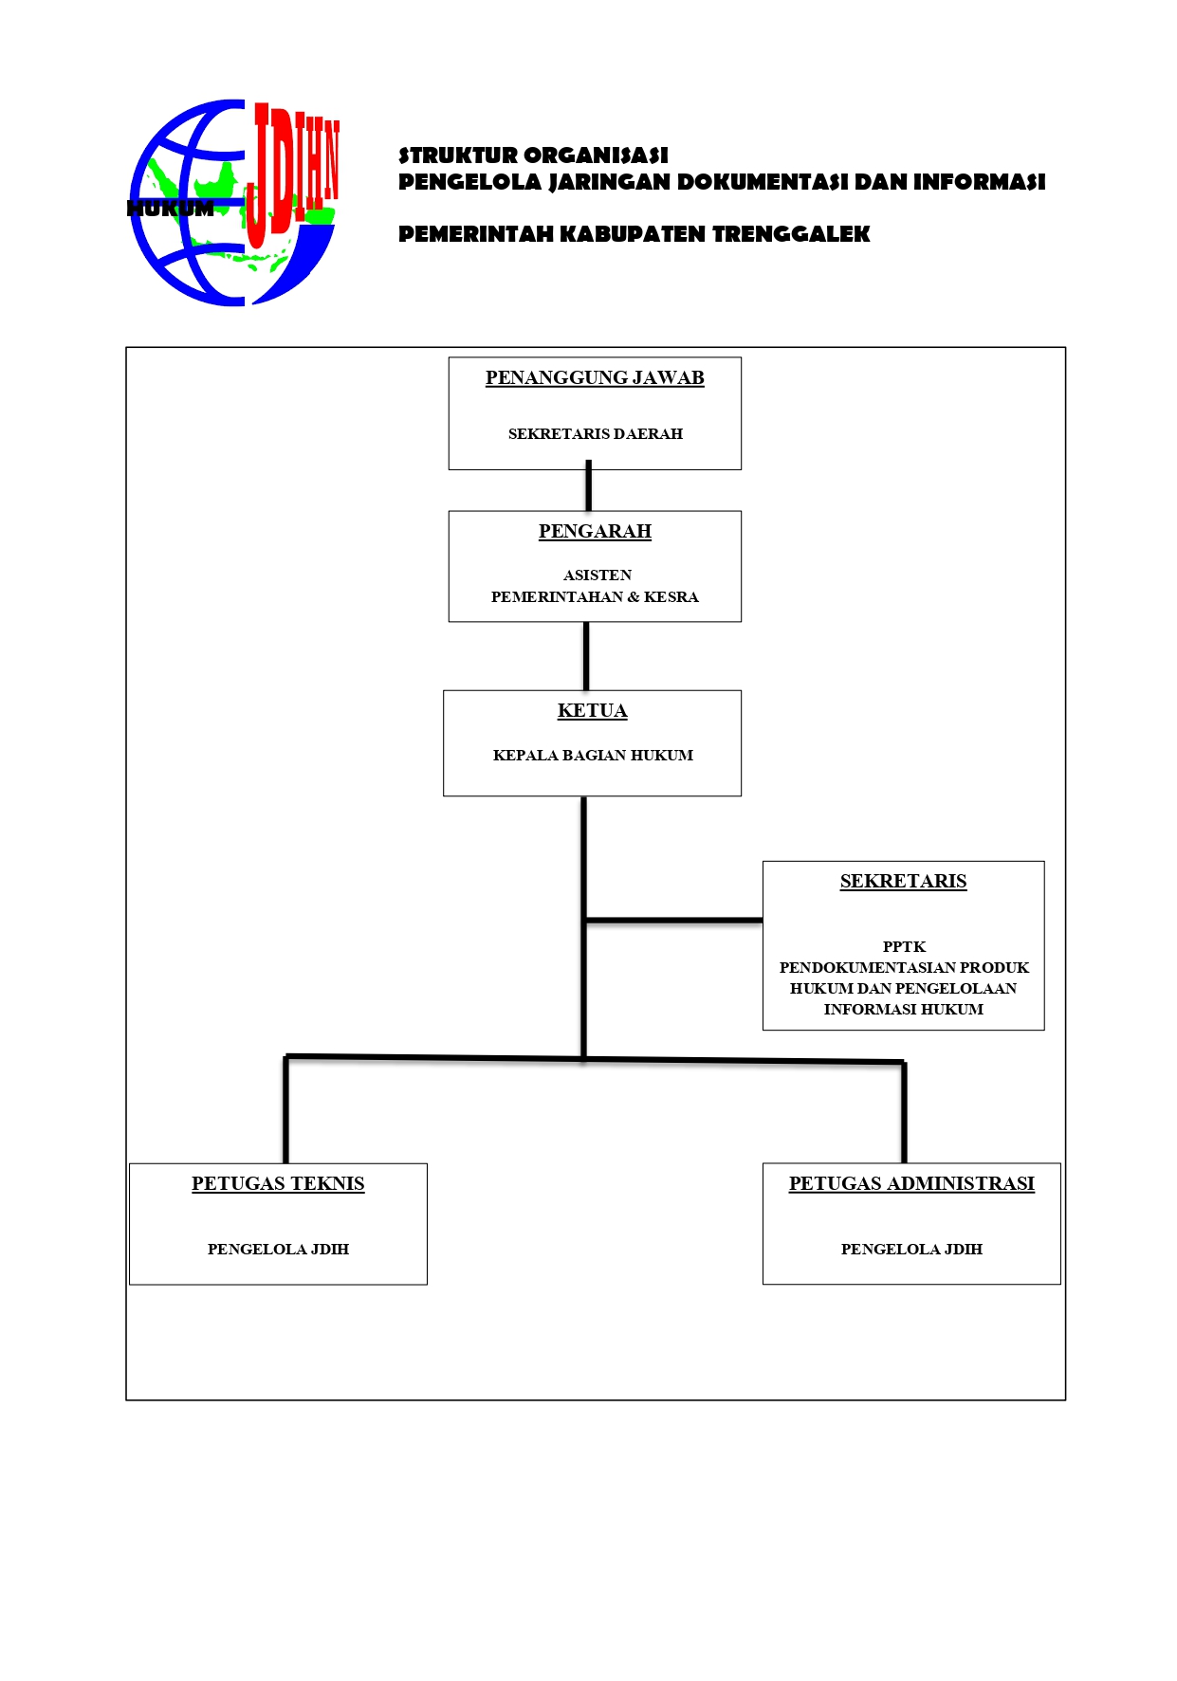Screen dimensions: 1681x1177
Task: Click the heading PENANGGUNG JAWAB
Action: [595, 378]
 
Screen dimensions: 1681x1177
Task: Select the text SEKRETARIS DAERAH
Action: [595, 434]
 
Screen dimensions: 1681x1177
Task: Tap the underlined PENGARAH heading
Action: [595, 532]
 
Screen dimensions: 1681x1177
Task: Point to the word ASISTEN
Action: [597, 576]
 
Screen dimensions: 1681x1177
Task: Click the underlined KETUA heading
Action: [592, 711]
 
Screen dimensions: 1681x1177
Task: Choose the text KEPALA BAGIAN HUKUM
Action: [593, 756]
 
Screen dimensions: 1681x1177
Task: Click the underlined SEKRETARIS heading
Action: [903, 882]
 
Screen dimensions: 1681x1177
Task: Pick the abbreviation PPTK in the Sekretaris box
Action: [904, 947]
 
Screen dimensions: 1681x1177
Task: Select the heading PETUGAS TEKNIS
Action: [278, 1184]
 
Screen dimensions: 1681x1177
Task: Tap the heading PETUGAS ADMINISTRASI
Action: [911, 1184]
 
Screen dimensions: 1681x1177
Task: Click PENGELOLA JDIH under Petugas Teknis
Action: [278, 1250]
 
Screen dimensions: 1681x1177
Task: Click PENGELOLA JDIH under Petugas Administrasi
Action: [911, 1250]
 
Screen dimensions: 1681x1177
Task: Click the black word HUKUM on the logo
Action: [171, 209]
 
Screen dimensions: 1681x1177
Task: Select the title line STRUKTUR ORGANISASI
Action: [533, 155]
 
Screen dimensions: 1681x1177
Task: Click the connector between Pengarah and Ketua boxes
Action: [586, 656]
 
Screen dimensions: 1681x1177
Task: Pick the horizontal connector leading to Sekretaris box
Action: [673, 920]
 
